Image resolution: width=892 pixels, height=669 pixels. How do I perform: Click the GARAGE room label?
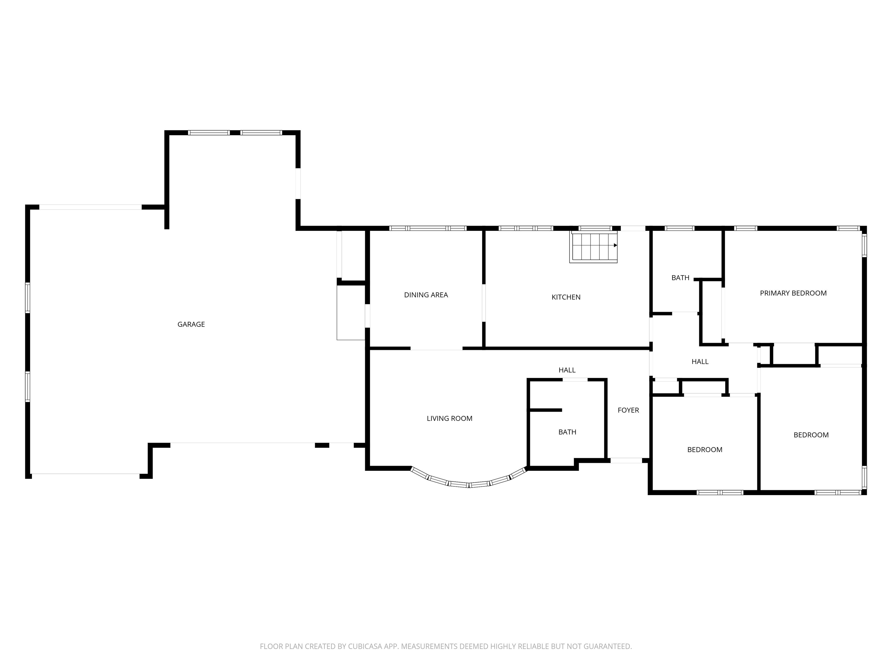coord(191,324)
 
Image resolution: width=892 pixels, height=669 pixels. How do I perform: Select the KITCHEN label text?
coord(566,297)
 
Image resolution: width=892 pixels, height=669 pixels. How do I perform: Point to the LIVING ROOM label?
coord(449,419)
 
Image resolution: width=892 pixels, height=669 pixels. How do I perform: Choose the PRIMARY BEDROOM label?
coord(793,293)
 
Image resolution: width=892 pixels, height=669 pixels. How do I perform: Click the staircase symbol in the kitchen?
coord(593,247)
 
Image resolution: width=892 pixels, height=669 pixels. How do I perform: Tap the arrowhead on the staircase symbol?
coord(615,245)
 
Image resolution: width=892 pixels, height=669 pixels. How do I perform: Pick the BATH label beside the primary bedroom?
coord(680,278)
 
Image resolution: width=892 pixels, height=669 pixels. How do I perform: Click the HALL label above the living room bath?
coord(567,370)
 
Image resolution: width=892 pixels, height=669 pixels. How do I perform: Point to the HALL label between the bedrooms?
coord(700,362)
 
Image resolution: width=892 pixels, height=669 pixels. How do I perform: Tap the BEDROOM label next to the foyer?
coord(705,449)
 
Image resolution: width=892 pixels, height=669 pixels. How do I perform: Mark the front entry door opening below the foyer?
coord(626,460)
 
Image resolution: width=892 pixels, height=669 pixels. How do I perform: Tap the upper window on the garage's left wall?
coord(28,298)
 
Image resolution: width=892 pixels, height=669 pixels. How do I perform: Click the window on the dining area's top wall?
coord(428,228)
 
